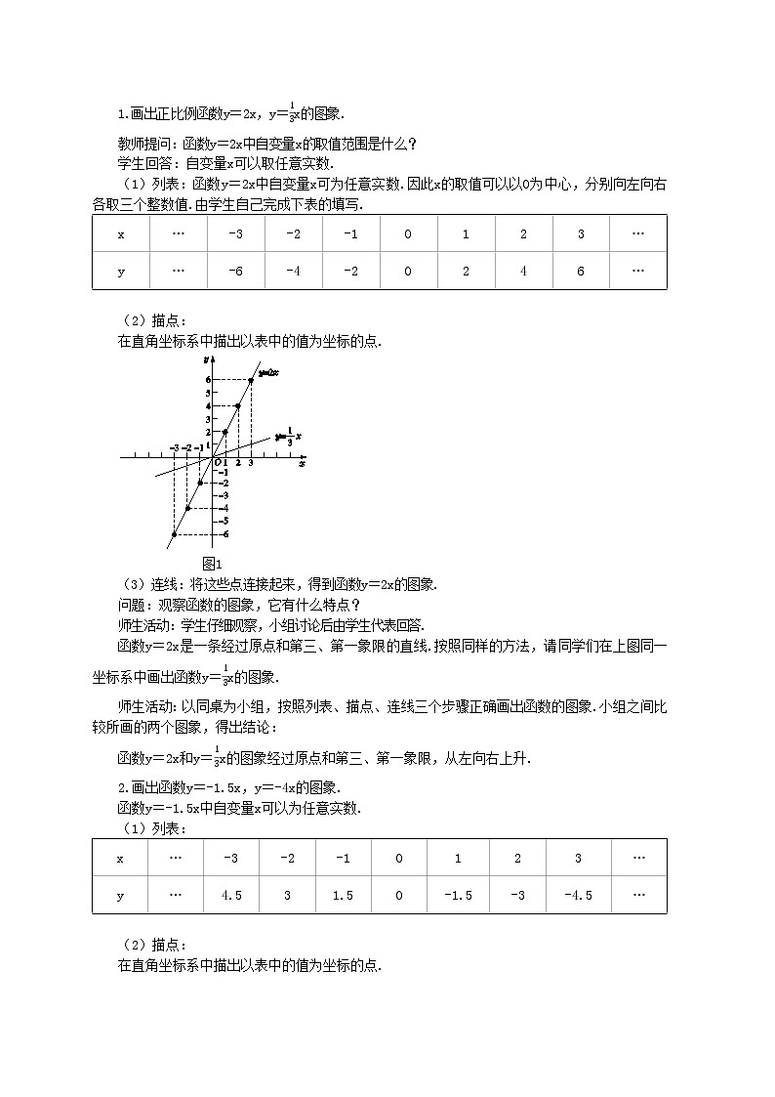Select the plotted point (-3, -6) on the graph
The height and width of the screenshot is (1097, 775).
click(x=174, y=534)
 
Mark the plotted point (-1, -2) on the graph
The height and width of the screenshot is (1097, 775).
click(x=200, y=483)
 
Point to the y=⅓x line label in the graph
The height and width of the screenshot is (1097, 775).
click(x=287, y=437)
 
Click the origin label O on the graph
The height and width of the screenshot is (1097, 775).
click(x=218, y=462)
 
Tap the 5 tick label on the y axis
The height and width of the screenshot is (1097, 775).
click(x=207, y=392)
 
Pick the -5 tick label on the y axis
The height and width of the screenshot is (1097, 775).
click(x=224, y=521)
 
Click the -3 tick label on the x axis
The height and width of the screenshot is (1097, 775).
click(x=174, y=448)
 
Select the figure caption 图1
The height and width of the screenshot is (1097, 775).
click(x=213, y=563)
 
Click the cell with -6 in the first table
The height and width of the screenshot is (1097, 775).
click(x=235, y=271)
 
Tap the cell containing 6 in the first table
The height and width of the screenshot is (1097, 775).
click(x=580, y=271)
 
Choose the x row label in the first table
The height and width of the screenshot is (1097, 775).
click(x=121, y=234)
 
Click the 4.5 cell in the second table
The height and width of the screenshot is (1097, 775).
click(x=231, y=895)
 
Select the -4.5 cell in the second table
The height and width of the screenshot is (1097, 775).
click(x=578, y=895)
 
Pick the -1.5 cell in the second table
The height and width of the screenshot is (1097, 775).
click(x=458, y=895)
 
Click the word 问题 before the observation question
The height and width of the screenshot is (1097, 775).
click(x=130, y=604)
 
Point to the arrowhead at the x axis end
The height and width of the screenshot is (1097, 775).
click(x=304, y=456)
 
